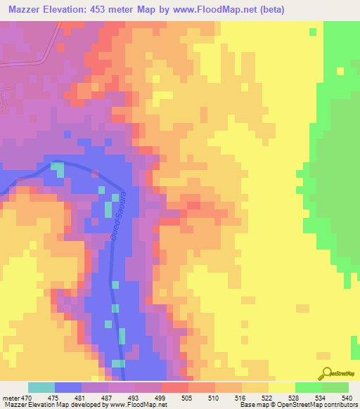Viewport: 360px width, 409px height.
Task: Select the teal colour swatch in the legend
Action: click(41, 387)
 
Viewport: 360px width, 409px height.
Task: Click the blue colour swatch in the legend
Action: click(68, 387)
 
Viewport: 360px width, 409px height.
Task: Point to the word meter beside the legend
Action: click(11, 398)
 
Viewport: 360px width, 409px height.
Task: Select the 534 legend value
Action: click(319, 398)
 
